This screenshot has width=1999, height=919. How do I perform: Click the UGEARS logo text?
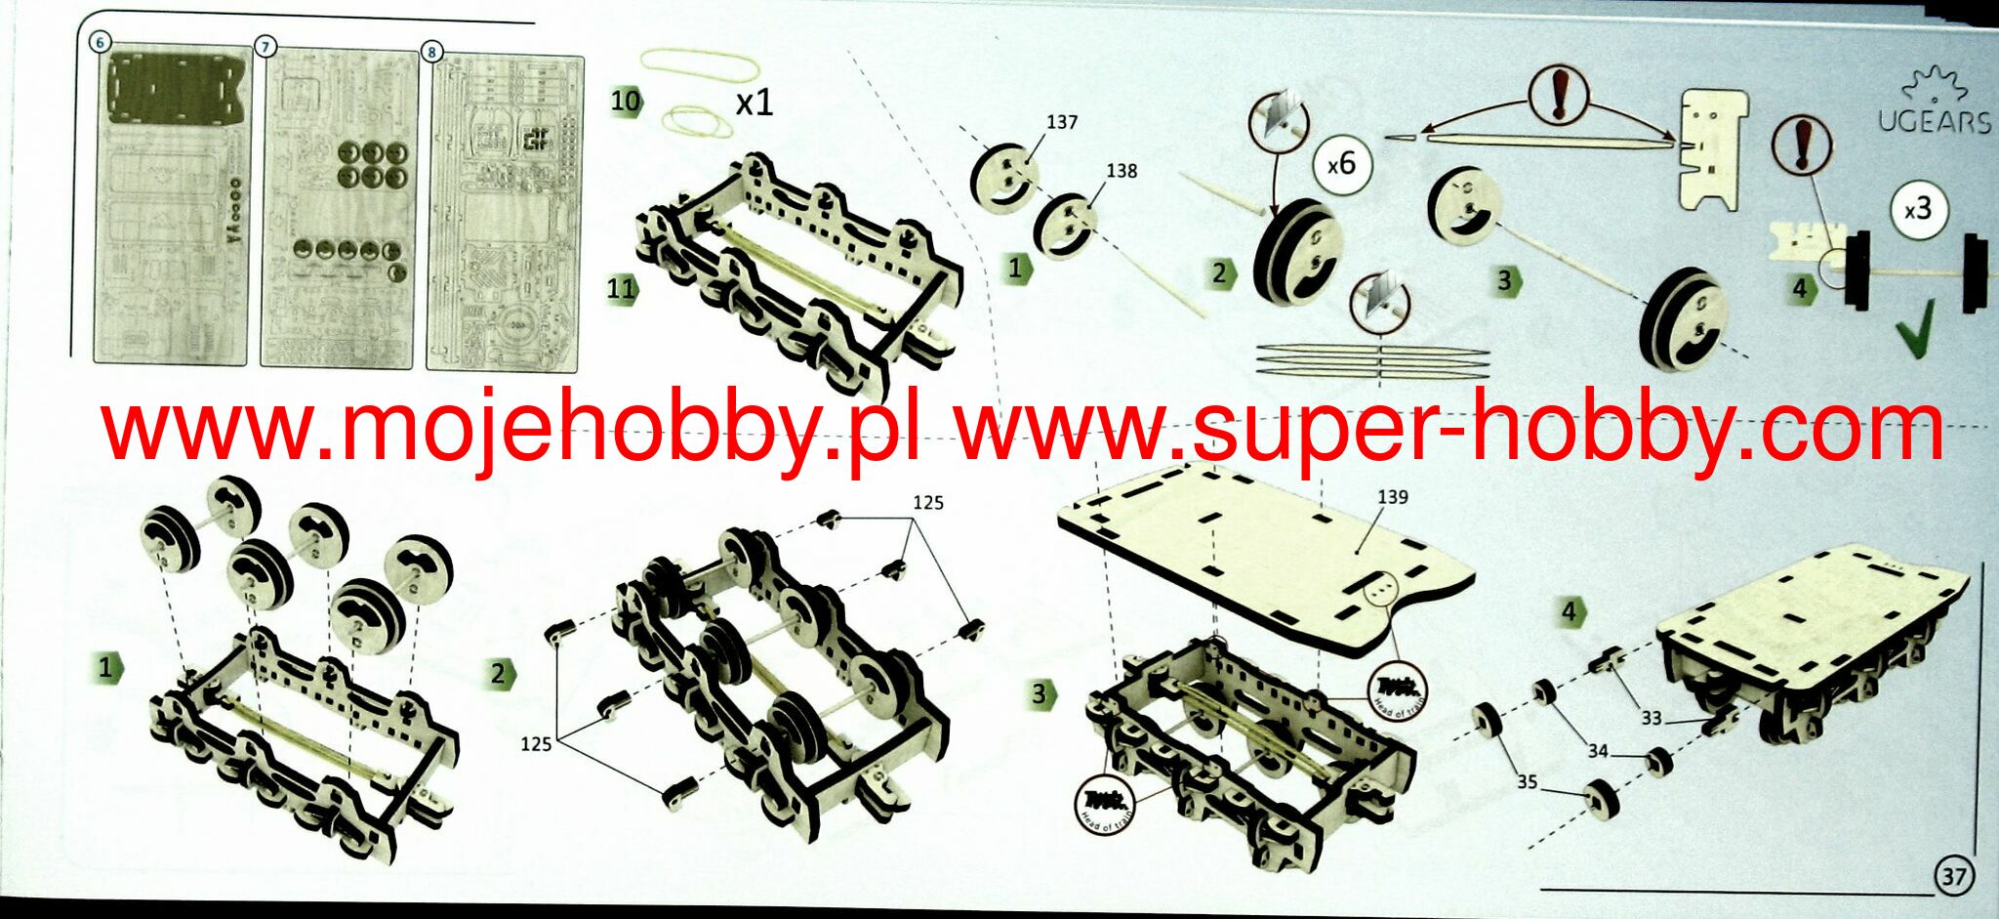coord(1935,121)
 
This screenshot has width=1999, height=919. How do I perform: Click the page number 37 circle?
coord(1953,875)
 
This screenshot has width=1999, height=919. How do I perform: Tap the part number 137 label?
coord(1061,122)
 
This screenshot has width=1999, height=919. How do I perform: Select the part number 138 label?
coord(1121,171)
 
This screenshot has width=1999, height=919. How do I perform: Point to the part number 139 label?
coord(1392,497)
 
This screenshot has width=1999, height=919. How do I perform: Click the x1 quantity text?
coord(754,102)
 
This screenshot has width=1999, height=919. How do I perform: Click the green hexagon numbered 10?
coord(626,101)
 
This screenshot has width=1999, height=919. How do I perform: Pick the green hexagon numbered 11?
coord(621,289)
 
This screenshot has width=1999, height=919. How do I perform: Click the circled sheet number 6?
coord(100,42)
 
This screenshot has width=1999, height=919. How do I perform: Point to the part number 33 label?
coord(1651,718)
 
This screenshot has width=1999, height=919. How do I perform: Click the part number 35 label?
coord(1527,781)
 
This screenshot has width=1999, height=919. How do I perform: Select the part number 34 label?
coord(1597,751)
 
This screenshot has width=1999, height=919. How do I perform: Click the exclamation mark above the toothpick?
coord(1560,95)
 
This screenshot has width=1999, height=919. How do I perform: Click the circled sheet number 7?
coord(265,46)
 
